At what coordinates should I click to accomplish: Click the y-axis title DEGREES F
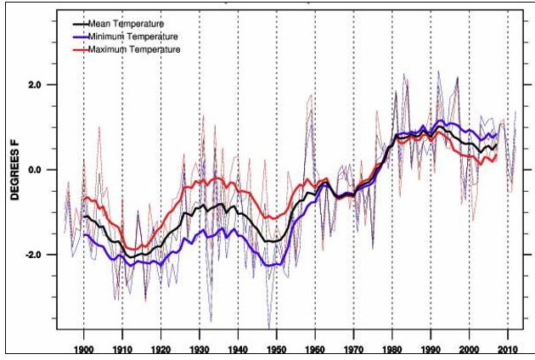click(x=15, y=171)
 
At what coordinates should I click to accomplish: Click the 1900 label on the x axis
click(x=84, y=349)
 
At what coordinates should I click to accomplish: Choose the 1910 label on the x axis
click(x=122, y=349)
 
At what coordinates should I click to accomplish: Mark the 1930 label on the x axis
click(x=200, y=349)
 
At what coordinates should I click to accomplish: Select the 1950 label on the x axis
click(x=277, y=349)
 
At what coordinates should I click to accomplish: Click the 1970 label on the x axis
click(x=354, y=349)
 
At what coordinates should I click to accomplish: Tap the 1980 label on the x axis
click(x=392, y=349)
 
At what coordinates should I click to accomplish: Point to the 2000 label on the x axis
click(x=470, y=349)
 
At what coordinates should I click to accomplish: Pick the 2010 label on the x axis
click(x=508, y=349)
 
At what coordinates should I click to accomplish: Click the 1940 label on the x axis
click(x=239, y=349)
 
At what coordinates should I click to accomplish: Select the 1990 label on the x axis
click(x=431, y=349)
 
